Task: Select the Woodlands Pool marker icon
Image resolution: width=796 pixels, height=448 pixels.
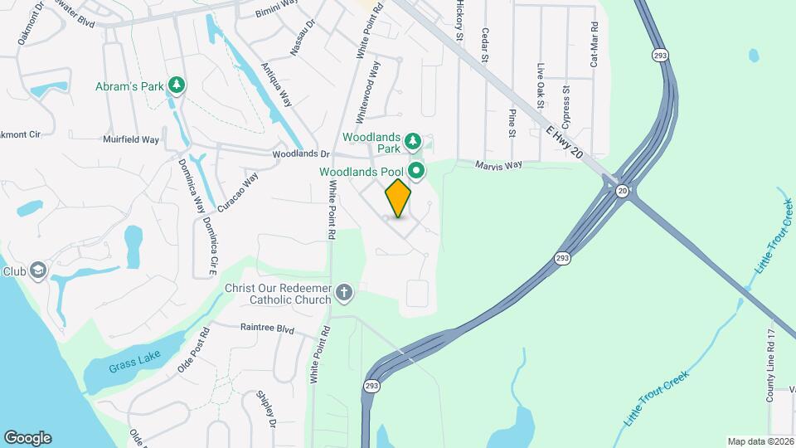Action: click(x=417, y=172)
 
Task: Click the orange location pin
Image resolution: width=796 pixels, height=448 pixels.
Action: click(x=399, y=198)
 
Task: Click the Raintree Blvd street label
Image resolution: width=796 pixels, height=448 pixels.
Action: click(x=267, y=329)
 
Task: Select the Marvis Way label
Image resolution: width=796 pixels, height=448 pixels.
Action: click(x=498, y=164)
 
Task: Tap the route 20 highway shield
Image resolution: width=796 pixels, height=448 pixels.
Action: click(x=622, y=191)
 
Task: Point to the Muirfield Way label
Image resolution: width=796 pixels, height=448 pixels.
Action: click(x=131, y=140)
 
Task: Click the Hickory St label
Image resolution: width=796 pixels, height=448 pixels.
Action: click(x=459, y=21)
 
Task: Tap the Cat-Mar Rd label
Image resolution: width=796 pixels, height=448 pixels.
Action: click(x=594, y=45)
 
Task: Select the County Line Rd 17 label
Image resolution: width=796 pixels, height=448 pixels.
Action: click(x=770, y=366)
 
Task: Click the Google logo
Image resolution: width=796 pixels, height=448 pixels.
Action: click(x=27, y=437)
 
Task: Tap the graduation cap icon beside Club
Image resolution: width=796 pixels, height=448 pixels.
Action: click(x=37, y=270)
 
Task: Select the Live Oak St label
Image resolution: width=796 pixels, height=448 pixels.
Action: click(x=541, y=86)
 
